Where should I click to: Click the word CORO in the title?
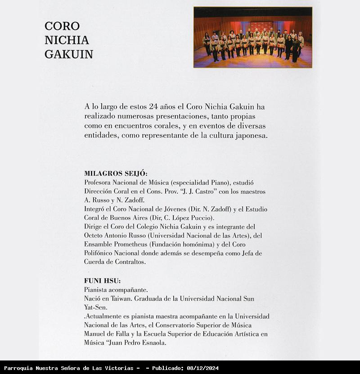click(62, 26)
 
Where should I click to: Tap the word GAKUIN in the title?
click(69, 55)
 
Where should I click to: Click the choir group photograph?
click(253, 37)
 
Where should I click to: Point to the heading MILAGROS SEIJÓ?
click(116, 173)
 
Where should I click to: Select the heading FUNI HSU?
click(102, 281)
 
